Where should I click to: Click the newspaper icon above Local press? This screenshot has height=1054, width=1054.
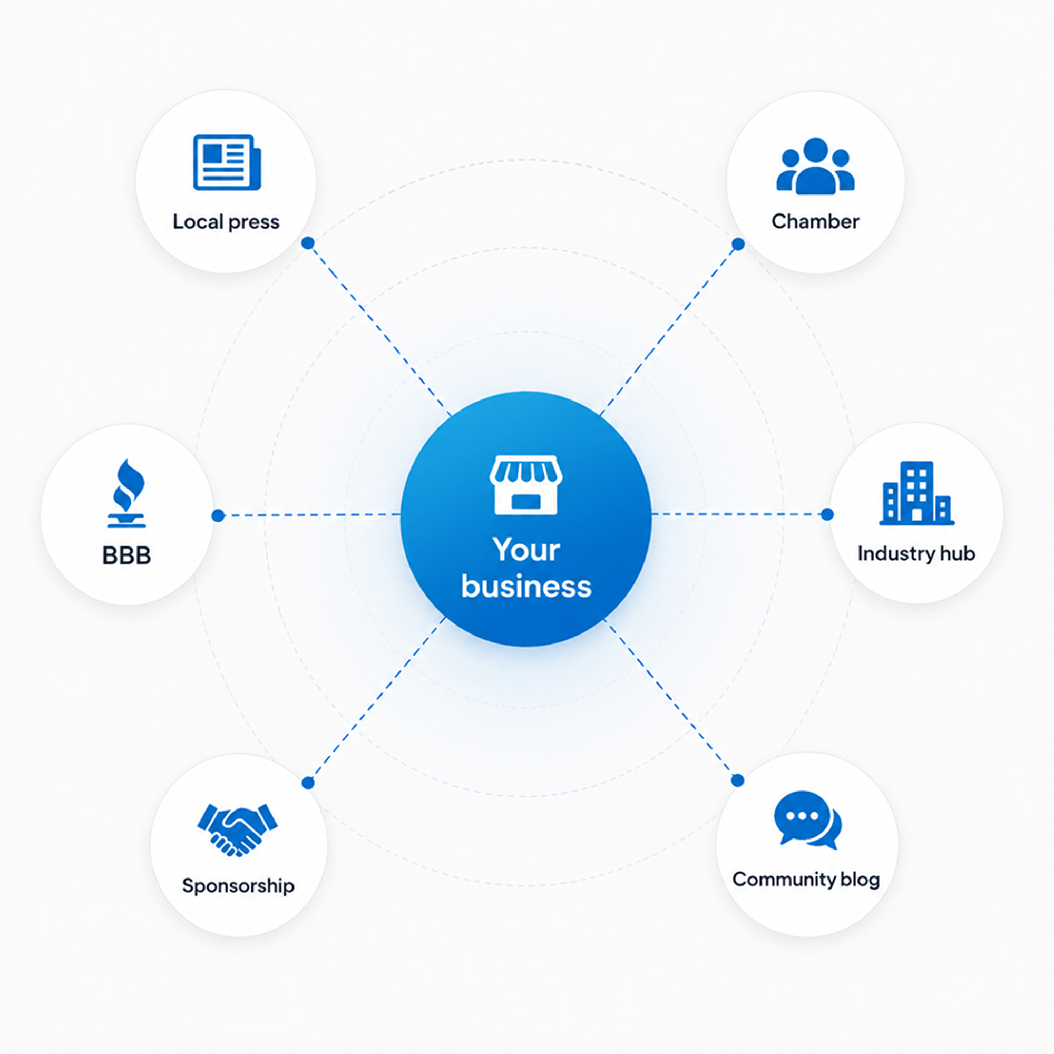click(x=227, y=162)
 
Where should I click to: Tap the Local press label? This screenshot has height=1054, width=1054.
click(x=226, y=222)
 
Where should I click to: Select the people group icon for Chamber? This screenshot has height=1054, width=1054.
click(x=815, y=166)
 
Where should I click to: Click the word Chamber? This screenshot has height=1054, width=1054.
click(x=815, y=221)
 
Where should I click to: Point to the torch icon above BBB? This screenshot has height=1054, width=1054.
click(x=126, y=493)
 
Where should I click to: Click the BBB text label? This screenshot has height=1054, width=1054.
click(x=126, y=555)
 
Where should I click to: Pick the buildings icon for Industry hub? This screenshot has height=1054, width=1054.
click(x=916, y=493)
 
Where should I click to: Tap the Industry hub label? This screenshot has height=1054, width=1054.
click(x=916, y=553)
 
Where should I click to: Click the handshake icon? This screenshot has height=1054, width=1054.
click(x=237, y=829)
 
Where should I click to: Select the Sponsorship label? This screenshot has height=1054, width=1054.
click(x=238, y=885)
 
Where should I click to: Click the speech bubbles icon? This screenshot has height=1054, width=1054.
click(x=807, y=820)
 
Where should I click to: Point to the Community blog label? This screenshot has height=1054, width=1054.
click(x=806, y=880)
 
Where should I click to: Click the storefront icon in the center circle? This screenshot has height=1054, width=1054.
click(x=526, y=485)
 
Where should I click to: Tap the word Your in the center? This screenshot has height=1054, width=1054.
click(x=526, y=549)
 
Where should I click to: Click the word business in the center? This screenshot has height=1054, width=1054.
click(x=526, y=587)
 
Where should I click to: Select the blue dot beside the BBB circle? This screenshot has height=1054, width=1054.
click(x=218, y=515)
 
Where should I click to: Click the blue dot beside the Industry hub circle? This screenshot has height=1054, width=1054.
click(x=827, y=514)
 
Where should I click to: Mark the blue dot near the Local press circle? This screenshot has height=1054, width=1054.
click(x=308, y=243)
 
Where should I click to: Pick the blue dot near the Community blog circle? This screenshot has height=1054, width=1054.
click(x=738, y=780)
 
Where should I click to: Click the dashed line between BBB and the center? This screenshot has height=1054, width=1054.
click(x=309, y=515)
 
